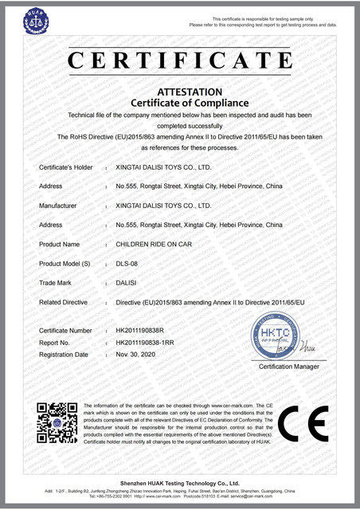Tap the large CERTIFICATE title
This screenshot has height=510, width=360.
179,60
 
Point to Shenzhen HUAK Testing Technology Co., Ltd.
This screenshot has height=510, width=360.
179,484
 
